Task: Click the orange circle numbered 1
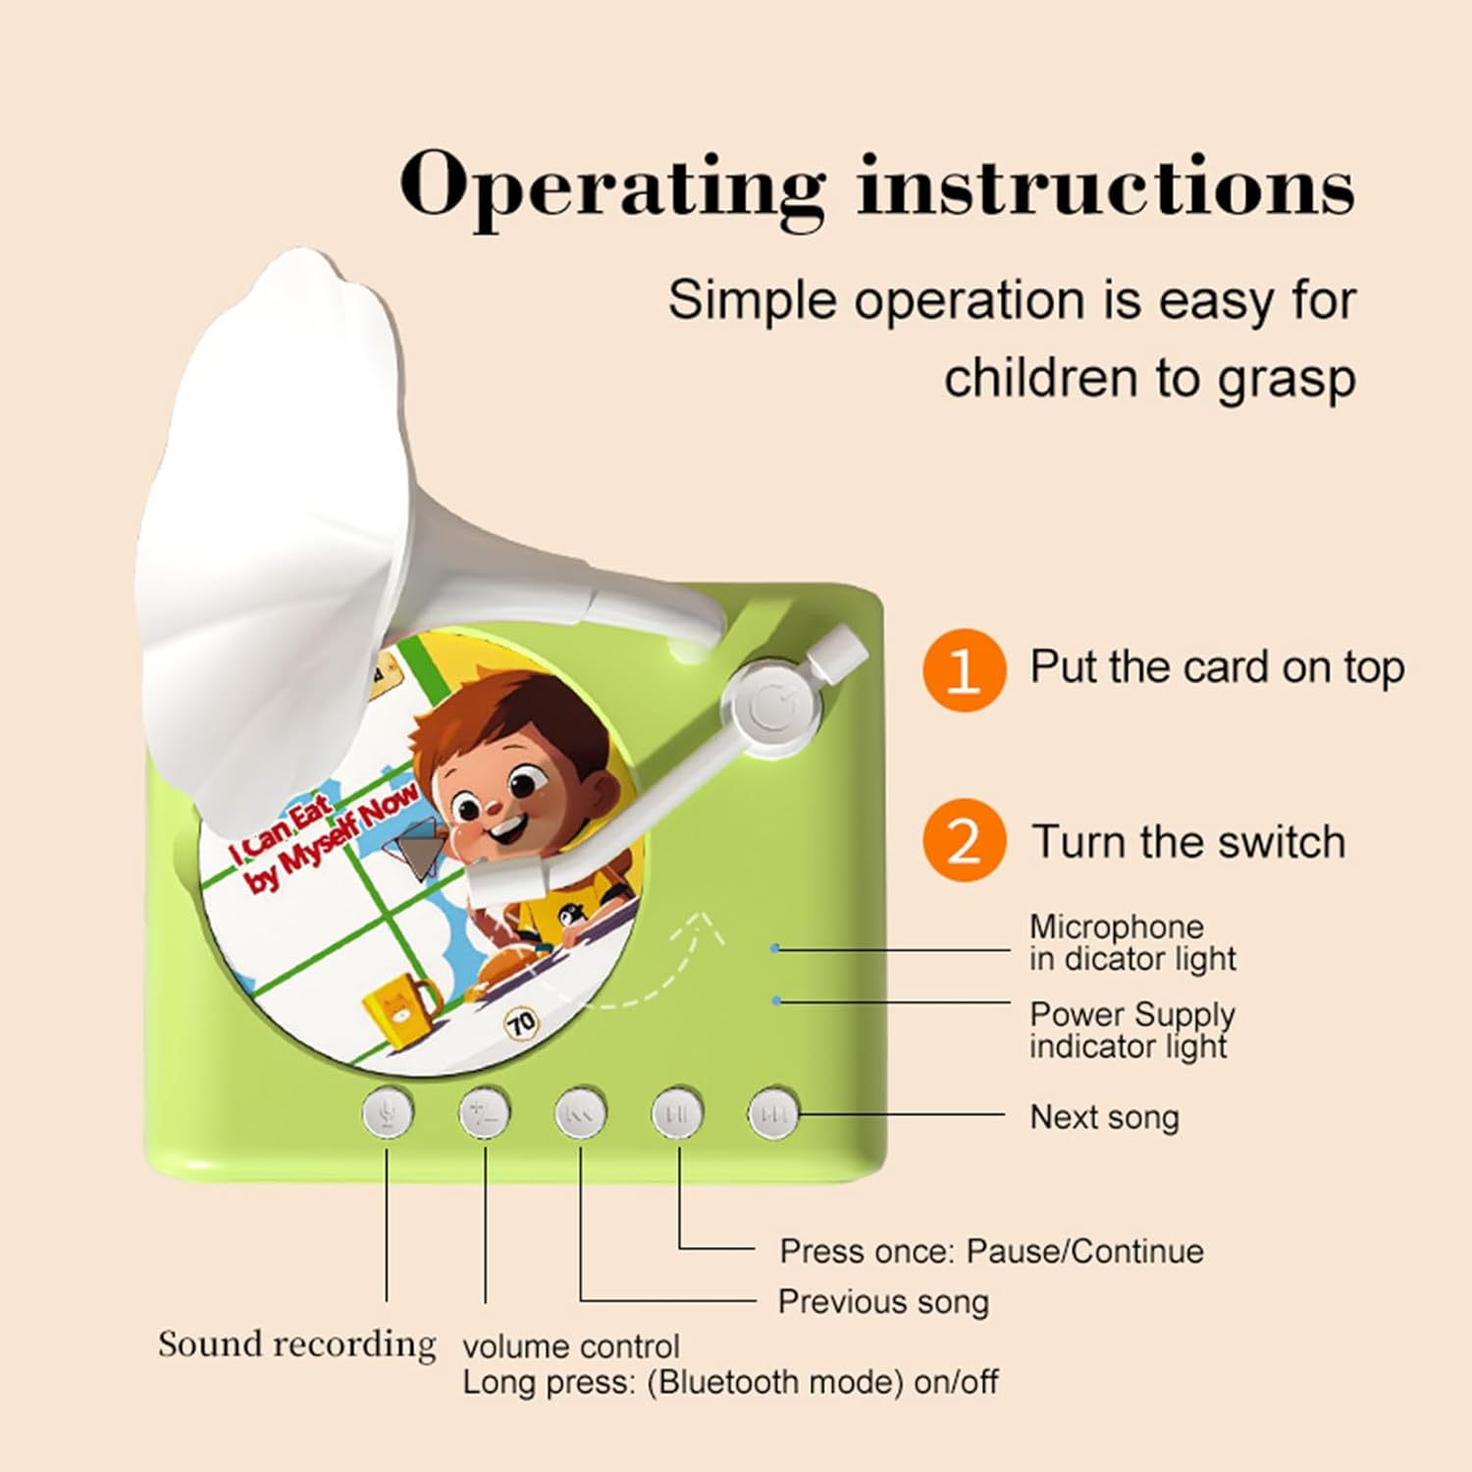[x=964, y=670]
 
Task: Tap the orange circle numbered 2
[x=964, y=841]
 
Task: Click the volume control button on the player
[x=485, y=1113]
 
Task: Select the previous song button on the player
[x=581, y=1113]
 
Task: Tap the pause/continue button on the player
[x=678, y=1113]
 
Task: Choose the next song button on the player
[x=774, y=1113]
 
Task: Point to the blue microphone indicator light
[x=775, y=949]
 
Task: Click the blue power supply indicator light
[x=776, y=1001]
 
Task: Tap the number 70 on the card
[x=521, y=1024]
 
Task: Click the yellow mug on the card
[x=399, y=1007]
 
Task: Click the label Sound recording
[x=296, y=1344]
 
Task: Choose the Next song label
[x=1104, y=1117]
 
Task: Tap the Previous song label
[x=883, y=1302]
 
